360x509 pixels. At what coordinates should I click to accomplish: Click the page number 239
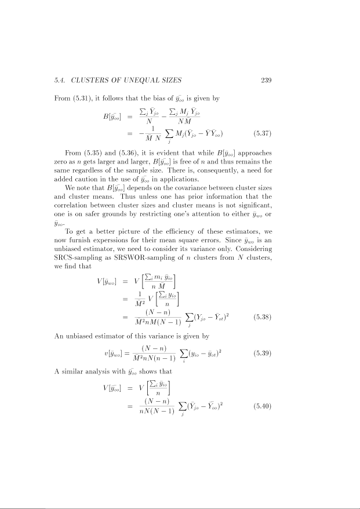[x=266, y=80]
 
